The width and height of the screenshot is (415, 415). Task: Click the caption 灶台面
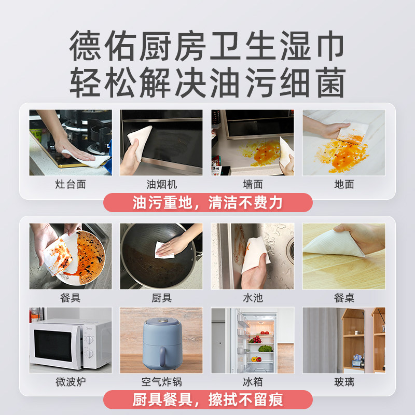71,185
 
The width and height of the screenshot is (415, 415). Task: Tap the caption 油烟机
161,185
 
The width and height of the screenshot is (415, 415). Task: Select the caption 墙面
253,185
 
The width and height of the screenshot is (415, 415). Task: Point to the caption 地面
344,185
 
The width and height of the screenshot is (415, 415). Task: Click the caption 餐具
71,298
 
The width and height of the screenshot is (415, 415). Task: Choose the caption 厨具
161,298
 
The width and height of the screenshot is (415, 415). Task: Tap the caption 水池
253,298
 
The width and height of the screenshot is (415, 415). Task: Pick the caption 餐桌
344,298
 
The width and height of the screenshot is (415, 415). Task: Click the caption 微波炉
71,382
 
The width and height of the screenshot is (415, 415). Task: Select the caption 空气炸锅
161,382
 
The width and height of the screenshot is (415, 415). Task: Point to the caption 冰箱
253,382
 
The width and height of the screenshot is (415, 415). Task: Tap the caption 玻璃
344,382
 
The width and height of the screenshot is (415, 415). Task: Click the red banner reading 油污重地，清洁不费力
208,202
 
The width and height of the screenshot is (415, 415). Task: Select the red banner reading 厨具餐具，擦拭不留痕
208,400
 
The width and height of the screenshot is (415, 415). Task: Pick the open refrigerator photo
253,340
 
